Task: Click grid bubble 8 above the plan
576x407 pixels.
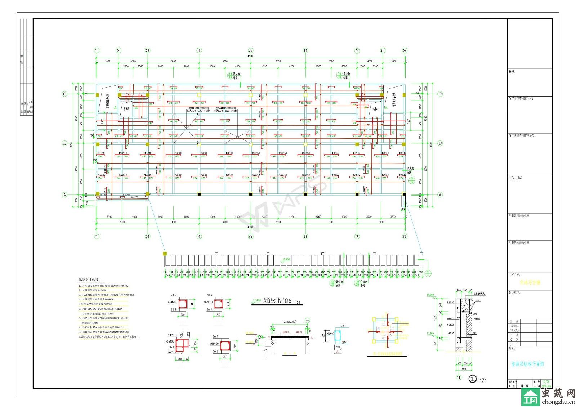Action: point(383,50)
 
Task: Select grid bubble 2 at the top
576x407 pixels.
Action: point(119,50)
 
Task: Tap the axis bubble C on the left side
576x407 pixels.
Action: point(65,94)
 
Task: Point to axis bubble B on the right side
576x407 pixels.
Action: point(440,143)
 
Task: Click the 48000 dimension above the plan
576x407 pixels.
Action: point(250,56)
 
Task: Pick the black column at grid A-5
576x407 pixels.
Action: point(251,194)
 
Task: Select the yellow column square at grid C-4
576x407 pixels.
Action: point(199,94)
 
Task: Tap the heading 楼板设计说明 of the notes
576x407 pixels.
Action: point(89,279)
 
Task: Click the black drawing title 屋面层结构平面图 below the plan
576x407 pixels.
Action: point(277,301)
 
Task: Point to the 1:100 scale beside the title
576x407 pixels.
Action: point(296,303)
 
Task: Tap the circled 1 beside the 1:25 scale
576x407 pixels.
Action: point(472,379)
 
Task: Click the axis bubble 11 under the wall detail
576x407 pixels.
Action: point(459,378)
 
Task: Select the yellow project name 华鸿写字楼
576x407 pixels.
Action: point(530,283)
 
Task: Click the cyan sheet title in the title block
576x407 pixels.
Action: point(527,364)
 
